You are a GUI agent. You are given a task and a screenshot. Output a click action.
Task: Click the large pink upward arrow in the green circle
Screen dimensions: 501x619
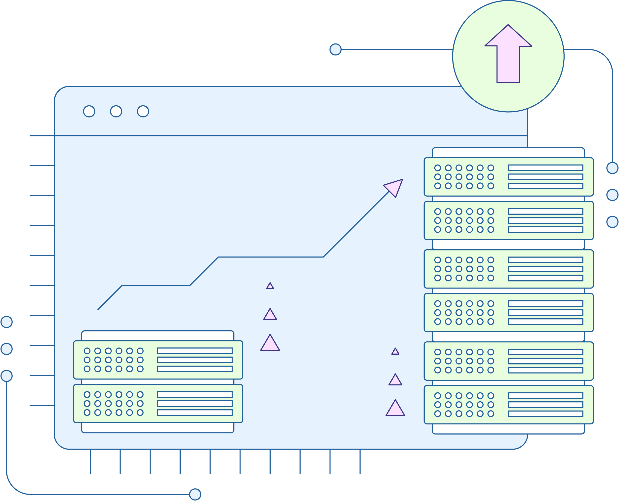pyautogui.click(x=508, y=58)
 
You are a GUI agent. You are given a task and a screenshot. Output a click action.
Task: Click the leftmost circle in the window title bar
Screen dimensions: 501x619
pyautogui.click(x=89, y=111)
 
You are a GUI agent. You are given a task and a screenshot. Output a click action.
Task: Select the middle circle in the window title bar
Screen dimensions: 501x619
pyautogui.click(x=116, y=111)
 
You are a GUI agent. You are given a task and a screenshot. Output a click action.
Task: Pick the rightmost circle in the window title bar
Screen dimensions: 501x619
pyautogui.click(x=143, y=111)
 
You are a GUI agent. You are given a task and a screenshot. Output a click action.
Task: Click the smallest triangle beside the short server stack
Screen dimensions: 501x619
pyautogui.click(x=270, y=286)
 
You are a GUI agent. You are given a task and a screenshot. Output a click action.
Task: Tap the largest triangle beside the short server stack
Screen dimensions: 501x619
pyautogui.click(x=270, y=344)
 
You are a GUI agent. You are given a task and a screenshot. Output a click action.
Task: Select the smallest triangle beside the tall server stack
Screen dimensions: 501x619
pyautogui.click(x=395, y=351)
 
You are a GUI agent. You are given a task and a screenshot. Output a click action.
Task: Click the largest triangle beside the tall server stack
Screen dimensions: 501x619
pyautogui.click(x=395, y=409)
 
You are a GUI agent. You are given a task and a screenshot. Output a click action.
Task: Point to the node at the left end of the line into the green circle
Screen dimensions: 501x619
pyautogui.click(x=335, y=49)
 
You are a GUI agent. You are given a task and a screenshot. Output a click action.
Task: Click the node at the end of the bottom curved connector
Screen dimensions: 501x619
pyautogui.click(x=195, y=494)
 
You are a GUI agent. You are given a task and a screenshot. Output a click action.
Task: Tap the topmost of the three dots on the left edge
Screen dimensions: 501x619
pyautogui.click(x=7, y=322)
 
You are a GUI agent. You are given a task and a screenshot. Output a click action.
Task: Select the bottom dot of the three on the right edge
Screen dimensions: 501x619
pyautogui.click(x=612, y=222)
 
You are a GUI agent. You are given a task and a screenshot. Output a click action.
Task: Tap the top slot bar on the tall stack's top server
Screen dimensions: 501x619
pyautogui.click(x=545, y=168)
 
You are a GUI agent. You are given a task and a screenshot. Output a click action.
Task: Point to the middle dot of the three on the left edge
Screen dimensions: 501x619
pyautogui.click(x=7, y=349)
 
